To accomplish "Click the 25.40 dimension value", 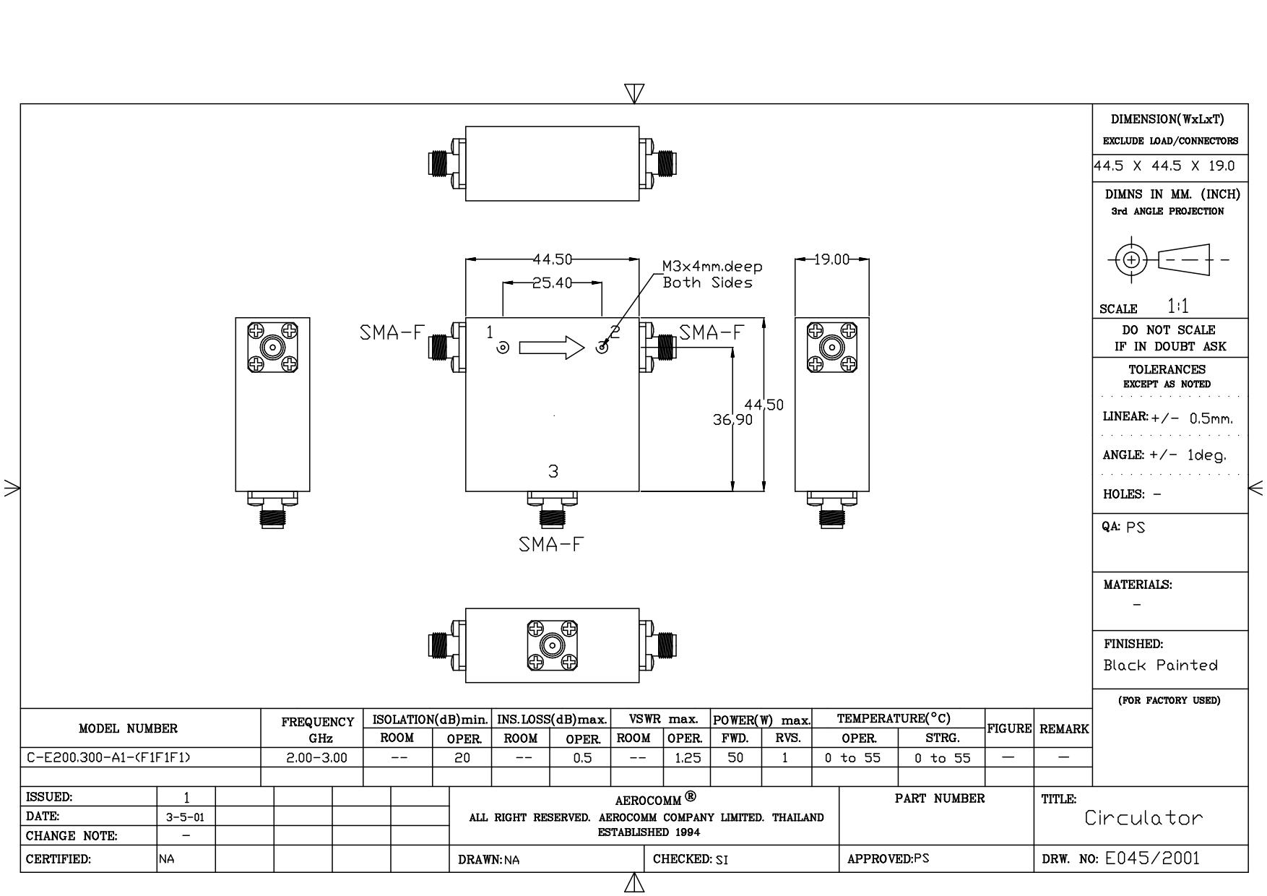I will [x=552, y=283].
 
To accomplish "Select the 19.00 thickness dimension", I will [x=831, y=259].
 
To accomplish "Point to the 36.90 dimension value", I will [x=732, y=419].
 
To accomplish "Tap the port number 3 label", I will [x=553, y=471].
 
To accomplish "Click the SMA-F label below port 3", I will [x=550, y=544].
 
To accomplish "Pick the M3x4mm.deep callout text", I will [x=712, y=267].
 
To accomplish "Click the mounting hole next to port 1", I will [x=503, y=348].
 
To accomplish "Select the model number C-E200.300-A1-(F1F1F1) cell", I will [x=109, y=757].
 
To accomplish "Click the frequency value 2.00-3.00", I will [x=312, y=757].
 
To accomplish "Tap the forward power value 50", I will [x=735, y=757].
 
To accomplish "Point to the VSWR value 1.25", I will [x=686, y=757].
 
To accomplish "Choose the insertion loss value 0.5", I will [x=581, y=757].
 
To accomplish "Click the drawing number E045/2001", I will [x=1152, y=858].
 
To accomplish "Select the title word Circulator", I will [x=1144, y=818].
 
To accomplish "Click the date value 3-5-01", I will [x=186, y=817].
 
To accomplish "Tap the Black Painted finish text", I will [x=1160, y=665].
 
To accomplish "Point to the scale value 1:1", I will [x=1178, y=306].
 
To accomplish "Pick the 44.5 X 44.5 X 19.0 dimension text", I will [x=1164, y=165].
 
